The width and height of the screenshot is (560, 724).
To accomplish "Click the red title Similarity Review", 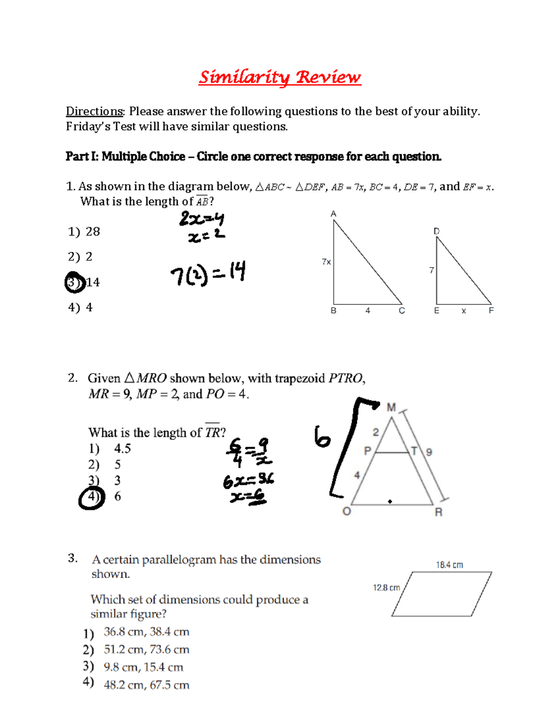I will pyautogui.click(x=280, y=77).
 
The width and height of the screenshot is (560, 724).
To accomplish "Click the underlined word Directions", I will pyautogui.click(x=95, y=111).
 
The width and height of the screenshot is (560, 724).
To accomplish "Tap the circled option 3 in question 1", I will pyautogui.click(x=75, y=282).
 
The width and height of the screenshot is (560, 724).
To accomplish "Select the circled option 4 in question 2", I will pyautogui.click(x=91, y=497).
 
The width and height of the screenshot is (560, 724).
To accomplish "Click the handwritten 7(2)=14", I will pyautogui.click(x=208, y=274).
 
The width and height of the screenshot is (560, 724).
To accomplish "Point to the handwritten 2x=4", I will pyautogui.click(x=202, y=219).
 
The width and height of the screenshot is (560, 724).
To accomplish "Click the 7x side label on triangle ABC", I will pyautogui.click(x=326, y=262).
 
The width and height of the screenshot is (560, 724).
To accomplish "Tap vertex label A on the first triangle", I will pyautogui.click(x=333, y=214).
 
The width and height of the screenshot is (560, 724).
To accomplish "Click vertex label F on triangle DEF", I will pyautogui.click(x=491, y=310).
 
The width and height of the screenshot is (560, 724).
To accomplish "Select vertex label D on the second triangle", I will pyautogui.click(x=436, y=231).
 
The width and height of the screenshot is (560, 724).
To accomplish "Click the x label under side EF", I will pyautogui.click(x=463, y=311).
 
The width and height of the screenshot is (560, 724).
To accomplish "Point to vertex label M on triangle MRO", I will pyautogui.click(x=391, y=407).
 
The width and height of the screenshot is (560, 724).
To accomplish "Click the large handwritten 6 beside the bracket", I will pyautogui.click(x=322, y=437).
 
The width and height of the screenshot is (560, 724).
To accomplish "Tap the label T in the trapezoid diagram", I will pyautogui.click(x=413, y=451).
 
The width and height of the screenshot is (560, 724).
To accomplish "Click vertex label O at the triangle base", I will pyautogui.click(x=346, y=511).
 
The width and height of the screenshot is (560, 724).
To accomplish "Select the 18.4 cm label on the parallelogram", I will pyautogui.click(x=449, y=565).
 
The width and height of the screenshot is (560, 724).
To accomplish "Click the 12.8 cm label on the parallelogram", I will pyautogui.click(x=386, y=588).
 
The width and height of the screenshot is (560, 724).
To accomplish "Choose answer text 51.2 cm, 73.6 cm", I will pyautogui.click(x=147, y=649).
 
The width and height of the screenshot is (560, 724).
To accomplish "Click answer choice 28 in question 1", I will pyautogui.click(x=93, y=232).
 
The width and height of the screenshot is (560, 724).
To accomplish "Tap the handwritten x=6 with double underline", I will pyautogui.click(x=248, y=498).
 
